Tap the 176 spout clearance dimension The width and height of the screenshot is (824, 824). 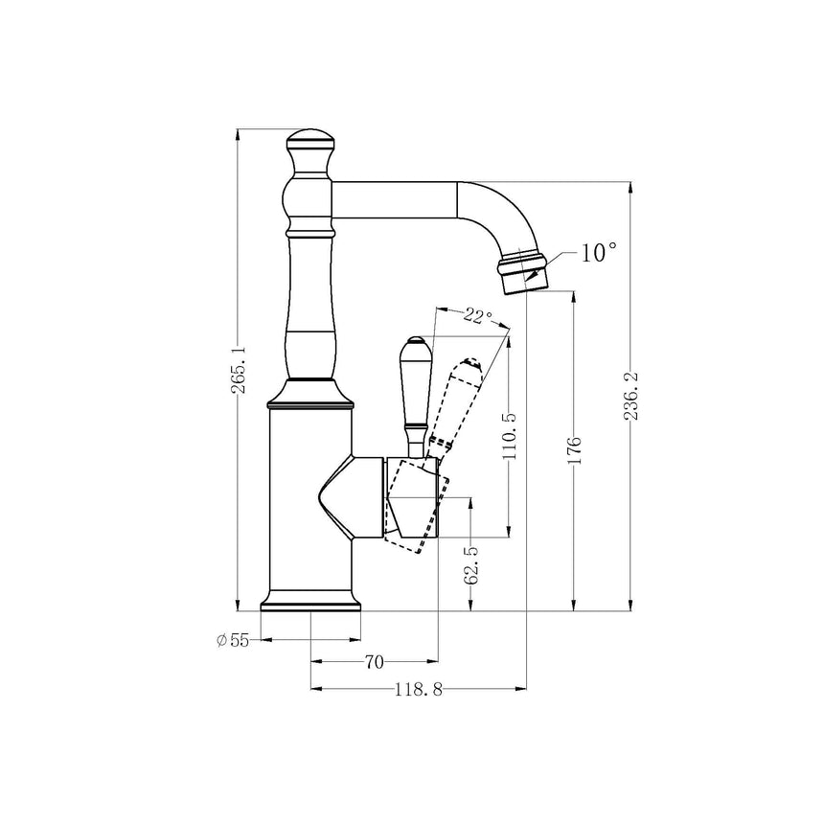coord(574,450)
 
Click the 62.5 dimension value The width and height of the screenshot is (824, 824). coord(470,565)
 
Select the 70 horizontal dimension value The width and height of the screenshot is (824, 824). coord(374,661)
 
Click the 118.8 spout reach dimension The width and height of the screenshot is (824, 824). coord(418,689)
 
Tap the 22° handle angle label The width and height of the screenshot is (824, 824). coord(476,317)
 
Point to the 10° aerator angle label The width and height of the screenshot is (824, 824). coord(598,253)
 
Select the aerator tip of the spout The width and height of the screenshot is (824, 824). coord(522,269)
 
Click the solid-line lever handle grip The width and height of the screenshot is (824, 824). coord(415,383)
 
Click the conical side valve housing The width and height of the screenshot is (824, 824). coord(353,493)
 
